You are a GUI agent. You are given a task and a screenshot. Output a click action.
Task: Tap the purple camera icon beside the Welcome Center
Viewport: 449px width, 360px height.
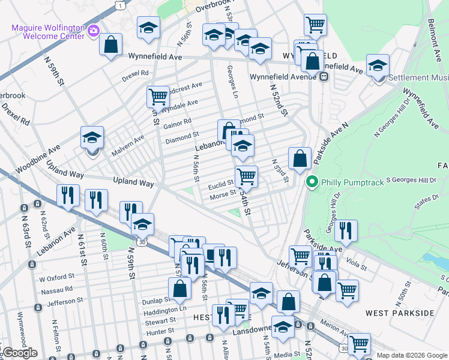point(93,31)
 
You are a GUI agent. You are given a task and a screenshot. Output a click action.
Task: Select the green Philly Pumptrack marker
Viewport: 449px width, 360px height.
point(312,181)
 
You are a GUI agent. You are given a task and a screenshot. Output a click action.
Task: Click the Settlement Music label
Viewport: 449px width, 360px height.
point(418,77)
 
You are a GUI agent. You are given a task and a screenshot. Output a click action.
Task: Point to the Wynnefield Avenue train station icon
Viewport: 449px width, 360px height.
point(324,77)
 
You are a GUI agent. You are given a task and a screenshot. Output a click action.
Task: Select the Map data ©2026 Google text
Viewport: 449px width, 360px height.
point(411,355)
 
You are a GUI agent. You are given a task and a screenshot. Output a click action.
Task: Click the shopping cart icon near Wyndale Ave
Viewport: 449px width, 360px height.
point(158,95)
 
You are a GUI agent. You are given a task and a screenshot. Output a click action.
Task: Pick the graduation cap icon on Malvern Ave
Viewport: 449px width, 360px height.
point(92,137)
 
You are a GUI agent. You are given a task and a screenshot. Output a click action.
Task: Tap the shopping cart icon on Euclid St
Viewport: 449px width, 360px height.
point(246,176)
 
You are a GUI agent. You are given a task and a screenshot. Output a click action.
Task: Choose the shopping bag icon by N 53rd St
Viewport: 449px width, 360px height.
point(300,158)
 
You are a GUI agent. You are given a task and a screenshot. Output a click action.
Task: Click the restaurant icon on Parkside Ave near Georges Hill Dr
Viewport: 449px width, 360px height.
point(346,230)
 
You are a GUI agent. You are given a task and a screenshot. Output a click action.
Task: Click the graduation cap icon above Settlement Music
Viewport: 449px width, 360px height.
point(378,65)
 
